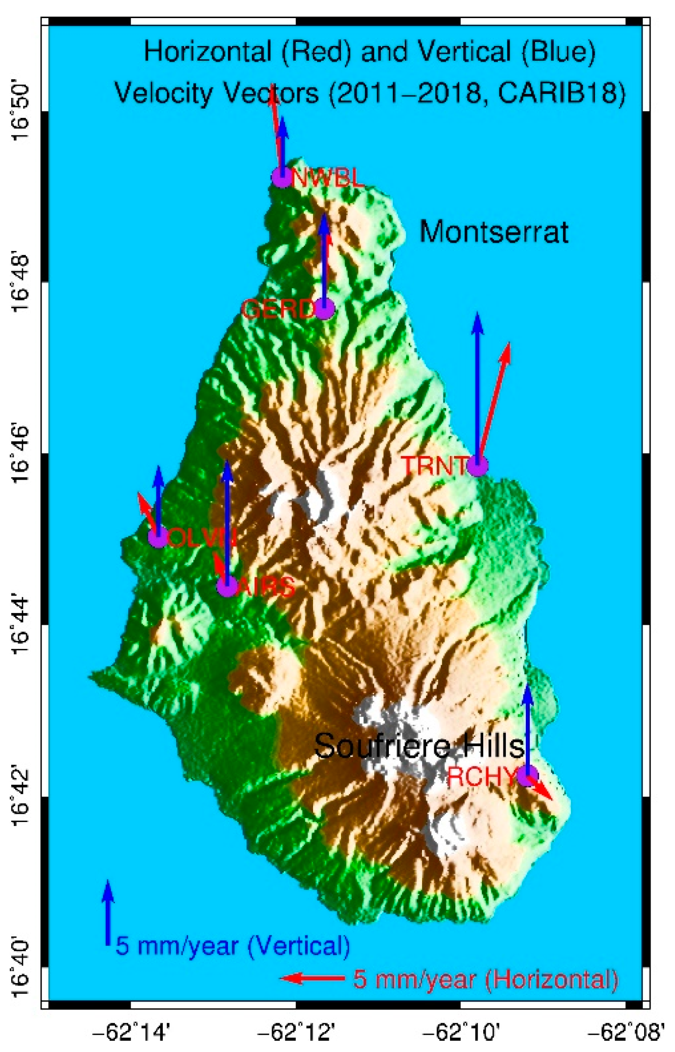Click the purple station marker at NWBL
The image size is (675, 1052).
tap(281, 177)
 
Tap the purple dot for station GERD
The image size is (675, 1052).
tap(324, 309)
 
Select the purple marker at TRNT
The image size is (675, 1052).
tap(477, 465)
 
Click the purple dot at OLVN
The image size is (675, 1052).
tap(157, 538)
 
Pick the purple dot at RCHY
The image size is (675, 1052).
tap(528, 776)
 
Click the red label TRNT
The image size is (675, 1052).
tap(433, 465)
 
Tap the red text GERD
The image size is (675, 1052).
tap(278, 309)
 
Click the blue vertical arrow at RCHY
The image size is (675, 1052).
tap(527, 729)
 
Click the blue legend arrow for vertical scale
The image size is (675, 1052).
tap(108, 913)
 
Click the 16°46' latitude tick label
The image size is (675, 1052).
tap(21, 453)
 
